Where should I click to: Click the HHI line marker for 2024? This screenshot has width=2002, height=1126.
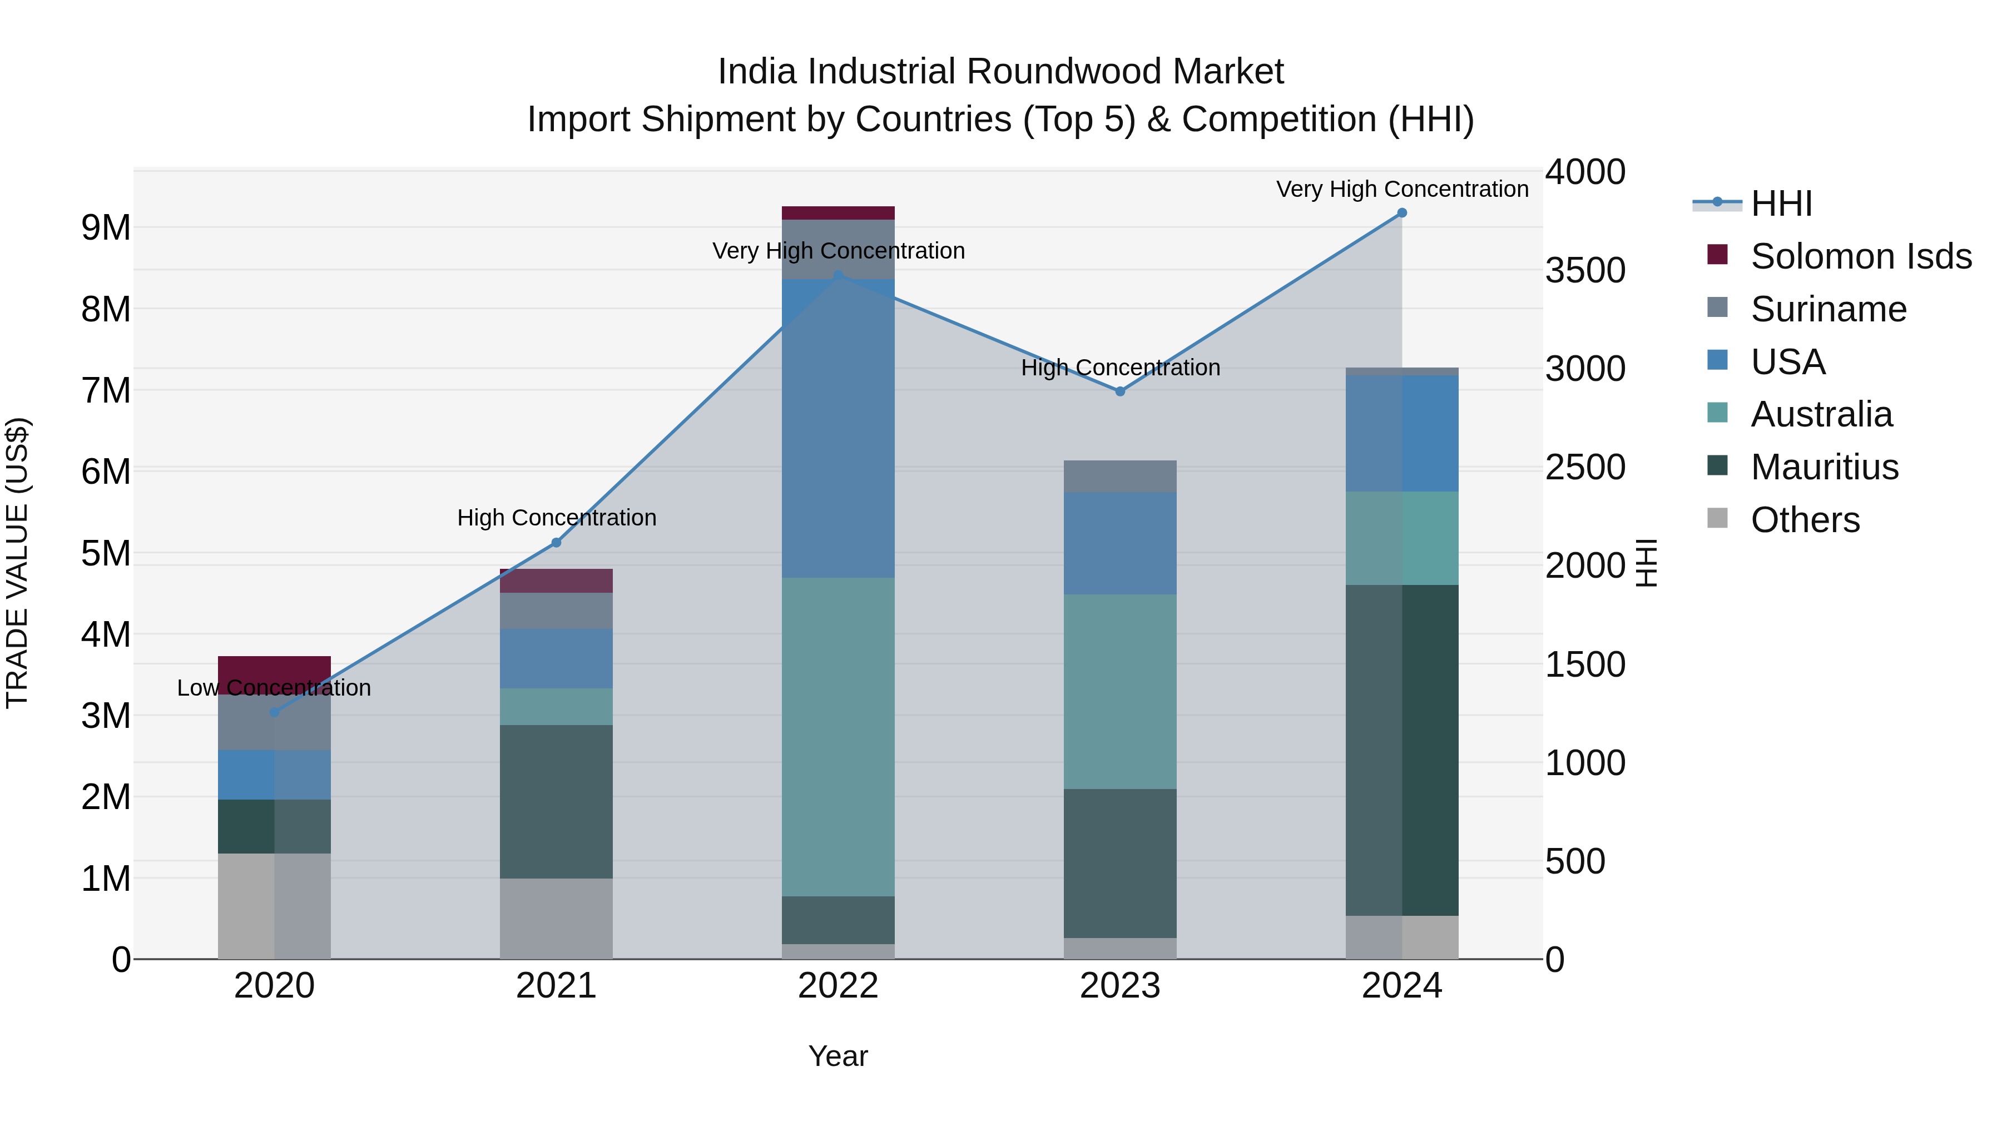pos(1401,213)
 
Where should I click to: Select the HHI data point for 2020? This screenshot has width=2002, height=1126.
pos(274,712)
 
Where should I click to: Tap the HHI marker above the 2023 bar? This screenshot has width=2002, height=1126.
pos(1120,391)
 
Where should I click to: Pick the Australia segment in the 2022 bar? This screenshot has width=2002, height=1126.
pos(838,737)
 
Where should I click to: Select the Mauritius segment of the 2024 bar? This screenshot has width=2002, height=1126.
pos(1401,750)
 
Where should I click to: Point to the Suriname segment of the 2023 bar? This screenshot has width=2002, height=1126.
pos(1120,477)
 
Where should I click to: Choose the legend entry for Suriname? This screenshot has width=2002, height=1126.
pos(1828,309)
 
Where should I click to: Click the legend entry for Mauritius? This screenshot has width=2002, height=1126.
pos(1824,467)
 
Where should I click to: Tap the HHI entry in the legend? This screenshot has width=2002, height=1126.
pos(1781,204)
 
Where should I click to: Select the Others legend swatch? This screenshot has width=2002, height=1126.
pos(1717,518)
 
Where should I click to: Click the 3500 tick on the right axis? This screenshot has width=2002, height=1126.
pos(1585,270)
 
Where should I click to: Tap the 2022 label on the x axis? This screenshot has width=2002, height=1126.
pos(838,986)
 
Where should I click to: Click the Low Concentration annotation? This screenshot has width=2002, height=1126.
pos(274,688)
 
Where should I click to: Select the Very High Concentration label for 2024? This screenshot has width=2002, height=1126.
pos(1401,189)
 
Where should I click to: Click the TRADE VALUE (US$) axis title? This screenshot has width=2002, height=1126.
pos(17,563)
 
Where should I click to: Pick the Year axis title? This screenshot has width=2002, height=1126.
pos(838,1056)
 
